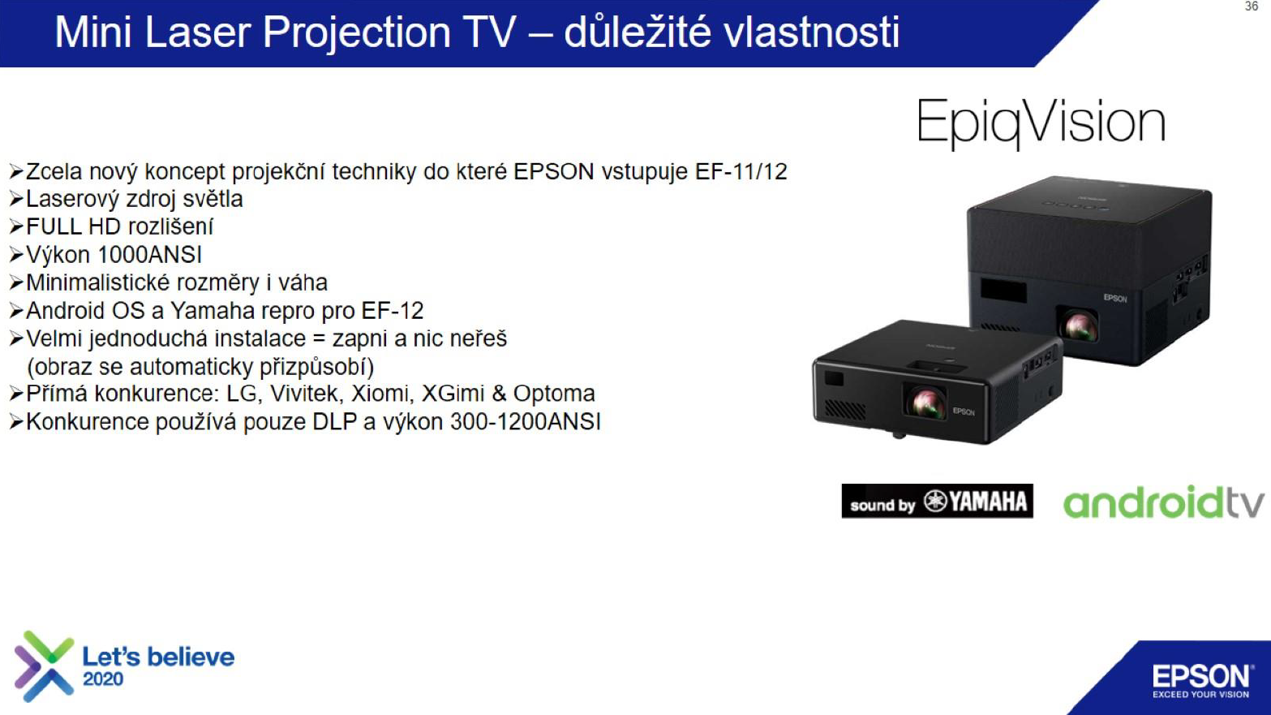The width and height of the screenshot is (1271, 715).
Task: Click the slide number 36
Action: tap(1252, 6)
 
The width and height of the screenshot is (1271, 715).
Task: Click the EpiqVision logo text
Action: tap(1041, 122)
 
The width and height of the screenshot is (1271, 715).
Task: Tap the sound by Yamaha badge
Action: tap(938, 501)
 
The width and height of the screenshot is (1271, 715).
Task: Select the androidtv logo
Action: tap(1164, 502)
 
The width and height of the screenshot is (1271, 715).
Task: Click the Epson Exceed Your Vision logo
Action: tap(1200, 680)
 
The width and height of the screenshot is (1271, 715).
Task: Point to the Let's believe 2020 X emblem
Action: tap(45, 665)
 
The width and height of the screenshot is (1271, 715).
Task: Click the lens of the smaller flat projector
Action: tap(925, 401)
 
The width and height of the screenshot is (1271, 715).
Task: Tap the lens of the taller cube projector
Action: tap(1077, 325)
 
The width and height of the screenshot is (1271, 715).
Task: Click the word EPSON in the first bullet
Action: tap(554, 171)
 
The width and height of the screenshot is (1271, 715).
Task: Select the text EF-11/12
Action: tap(741, 171)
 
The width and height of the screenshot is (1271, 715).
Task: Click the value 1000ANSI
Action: tap(150, 255)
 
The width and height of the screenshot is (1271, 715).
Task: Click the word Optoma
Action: tap(554, 394)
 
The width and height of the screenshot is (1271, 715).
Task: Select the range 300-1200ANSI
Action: tap(526, 422)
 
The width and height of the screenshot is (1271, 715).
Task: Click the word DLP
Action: tap(334, 422)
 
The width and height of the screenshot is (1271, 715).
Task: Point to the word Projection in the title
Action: tap(356, 33)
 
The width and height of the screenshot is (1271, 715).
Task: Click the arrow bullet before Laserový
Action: tap(16, 200)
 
